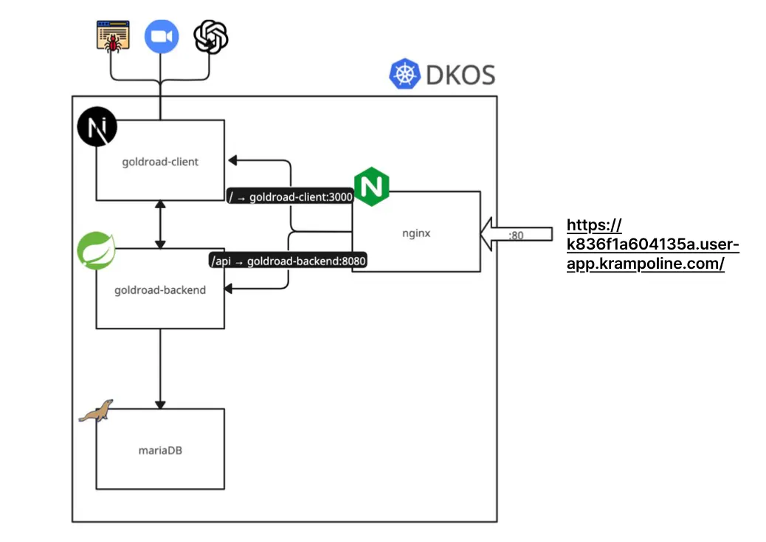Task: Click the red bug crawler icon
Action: (x=113, y=36)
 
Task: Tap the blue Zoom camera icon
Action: (x=162, y=36)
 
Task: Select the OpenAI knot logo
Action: (x=210, y=36)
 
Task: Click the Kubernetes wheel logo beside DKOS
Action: (x=404, y=75)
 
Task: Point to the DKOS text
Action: (x=459, y=75)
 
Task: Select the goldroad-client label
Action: (x=160, y=162)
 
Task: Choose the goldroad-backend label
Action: (x=160, y=290)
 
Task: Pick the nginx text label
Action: (x=417, y=233)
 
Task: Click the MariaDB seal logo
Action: (x=96, y=411)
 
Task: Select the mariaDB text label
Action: (x=160, y=449)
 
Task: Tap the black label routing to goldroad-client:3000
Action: (x=291, y=197)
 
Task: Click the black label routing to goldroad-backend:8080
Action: (x=289, y=260)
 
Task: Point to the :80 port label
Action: (x=517, y=235)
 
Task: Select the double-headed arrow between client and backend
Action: (x=160, y=224)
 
